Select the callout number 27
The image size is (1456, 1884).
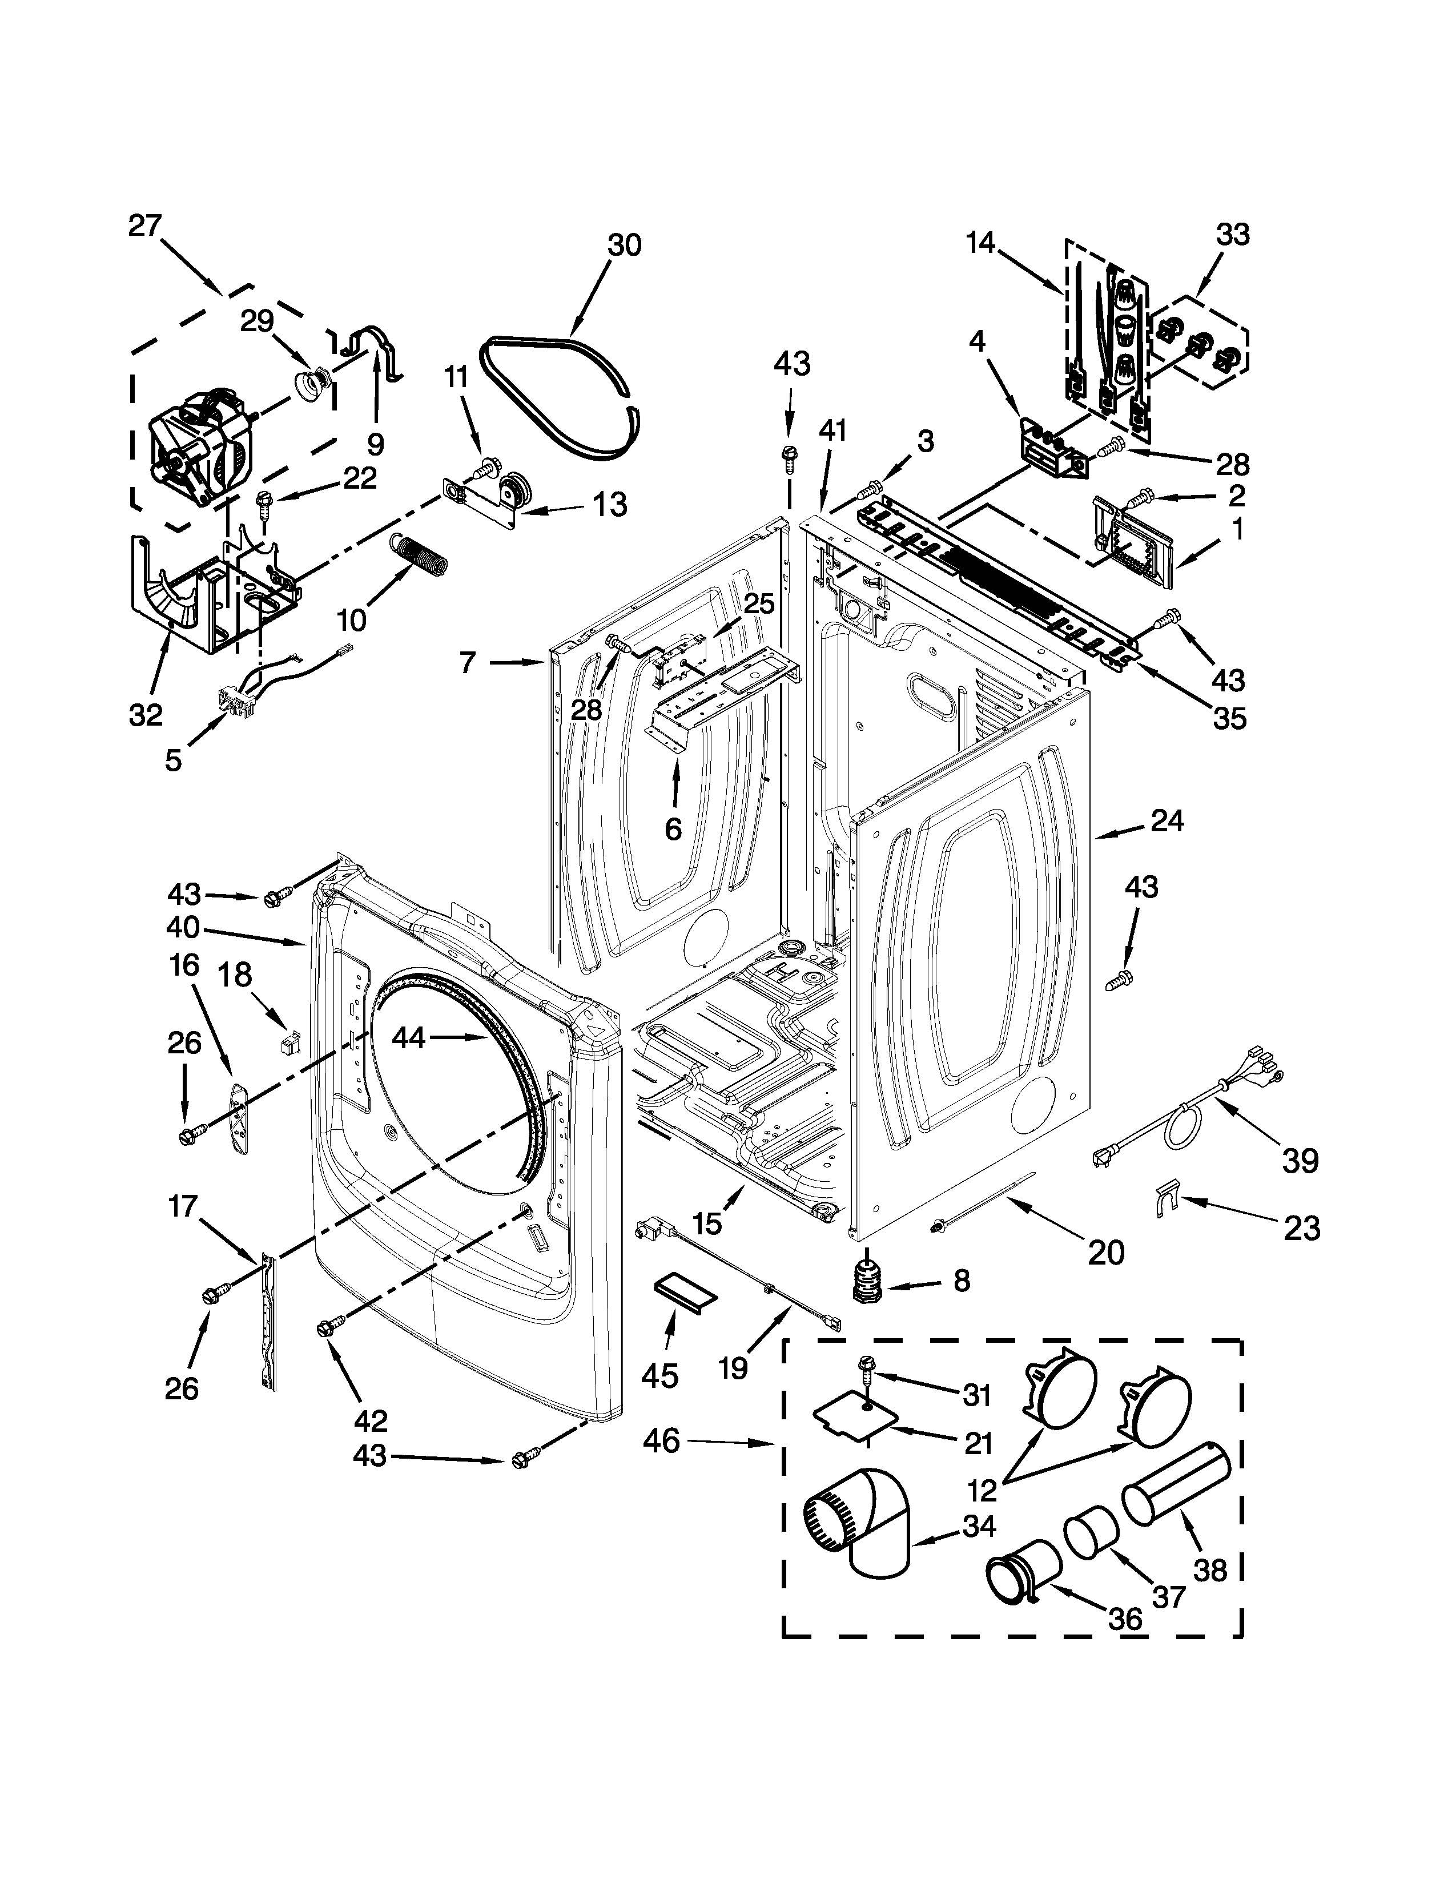(145, 226)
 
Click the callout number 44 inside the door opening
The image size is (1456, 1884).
(408, 1038)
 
